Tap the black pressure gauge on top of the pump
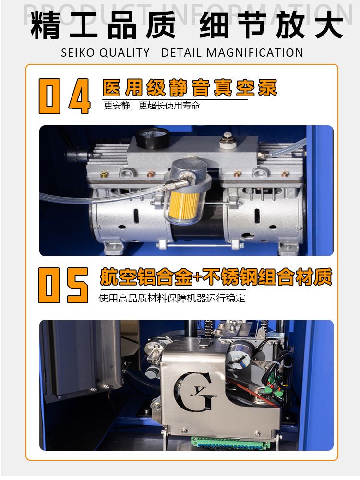(x=153, y=138)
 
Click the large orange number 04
(x=65, y=96)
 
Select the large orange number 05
(x=64, y=285)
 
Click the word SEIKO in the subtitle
(x=78, y=53)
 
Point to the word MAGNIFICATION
(x=255, y=53)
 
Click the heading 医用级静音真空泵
(x=190, y=88)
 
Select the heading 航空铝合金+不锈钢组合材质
(x=216, y=277)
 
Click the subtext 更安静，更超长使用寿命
(x=152, y=106)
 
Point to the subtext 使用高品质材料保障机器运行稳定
(x=172, y=298)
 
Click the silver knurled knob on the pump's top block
(x=228, y=140)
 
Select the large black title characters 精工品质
(x=103, y=25)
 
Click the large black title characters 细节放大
(x=271, y=25)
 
